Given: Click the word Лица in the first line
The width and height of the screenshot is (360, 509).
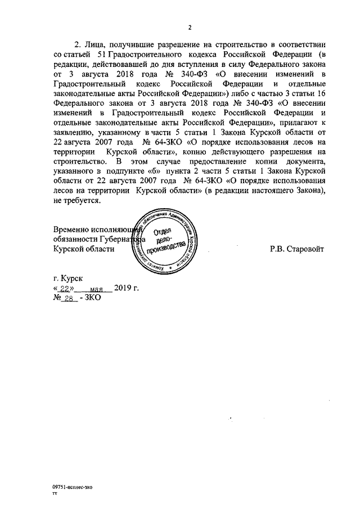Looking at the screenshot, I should tap(93, 43).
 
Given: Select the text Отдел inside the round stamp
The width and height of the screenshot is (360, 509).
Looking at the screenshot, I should tap(163, 232).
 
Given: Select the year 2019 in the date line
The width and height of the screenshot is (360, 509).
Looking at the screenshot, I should tap(122, 289).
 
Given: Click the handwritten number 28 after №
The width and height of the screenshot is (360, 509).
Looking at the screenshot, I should tap(69, 299).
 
